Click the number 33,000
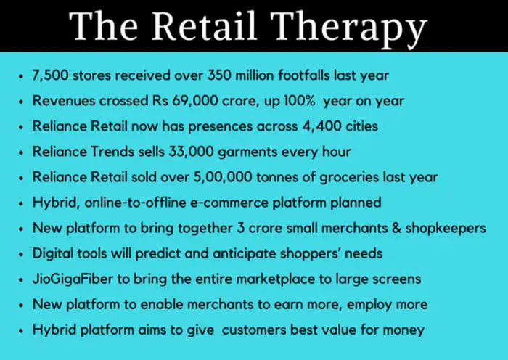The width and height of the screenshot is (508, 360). click(x=197, y=152)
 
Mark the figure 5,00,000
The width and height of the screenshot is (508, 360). click(x=220, y=177)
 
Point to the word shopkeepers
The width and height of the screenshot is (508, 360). click(x=446, y=228)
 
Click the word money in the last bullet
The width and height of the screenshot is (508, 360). click(x=402, y=330)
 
